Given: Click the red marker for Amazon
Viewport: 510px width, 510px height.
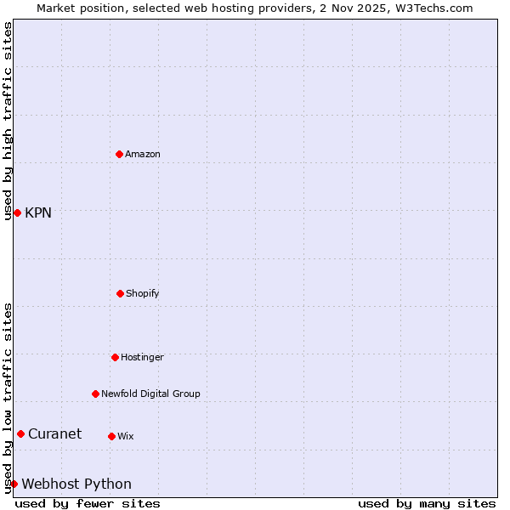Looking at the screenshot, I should pyautogui.click(x=120, y=154).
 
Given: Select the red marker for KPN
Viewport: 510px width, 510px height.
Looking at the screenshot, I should pyautogui.click(x=17, y=212).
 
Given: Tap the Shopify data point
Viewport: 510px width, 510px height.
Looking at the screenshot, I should pyautogui.click(x=120, y=293).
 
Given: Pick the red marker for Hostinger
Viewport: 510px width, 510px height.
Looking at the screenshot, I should pyautogui.click(x=115, y=357).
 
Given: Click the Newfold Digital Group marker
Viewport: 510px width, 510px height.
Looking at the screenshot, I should pyautogui.click(x=95, y=394).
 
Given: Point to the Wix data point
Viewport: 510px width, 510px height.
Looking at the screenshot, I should pyautogui.click(x=111, y=436).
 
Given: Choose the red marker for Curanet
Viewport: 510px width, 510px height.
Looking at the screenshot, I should pyautogui.click(x=20, y=433).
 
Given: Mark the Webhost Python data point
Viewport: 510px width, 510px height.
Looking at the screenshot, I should pyautogui.click(x=14, y=484).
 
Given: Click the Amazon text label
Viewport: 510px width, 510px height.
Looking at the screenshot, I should pyautogui.click(x=143, y=154).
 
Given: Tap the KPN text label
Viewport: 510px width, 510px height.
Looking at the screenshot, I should pyautogui.click(x=38, y=212).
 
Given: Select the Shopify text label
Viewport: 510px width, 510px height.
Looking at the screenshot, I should pyautogui.click(x=143, y=293).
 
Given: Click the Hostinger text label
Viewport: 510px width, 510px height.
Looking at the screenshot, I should pyautogui.click(x=142, y=357).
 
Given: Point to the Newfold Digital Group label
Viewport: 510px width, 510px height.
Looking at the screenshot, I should pyautogui.click(x=150, y=394).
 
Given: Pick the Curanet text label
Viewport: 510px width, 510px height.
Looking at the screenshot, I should pyautogui.click(x=54, y=433).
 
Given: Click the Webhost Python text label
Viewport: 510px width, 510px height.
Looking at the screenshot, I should pyautogui.click(x=76, y=484).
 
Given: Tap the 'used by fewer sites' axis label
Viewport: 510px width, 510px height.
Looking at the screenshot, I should pyautogui.click(x=88, y=503).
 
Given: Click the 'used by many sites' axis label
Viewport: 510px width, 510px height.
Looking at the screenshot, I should pyautogui.click(x=427, y=503).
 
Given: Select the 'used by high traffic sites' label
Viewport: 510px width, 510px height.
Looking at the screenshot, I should pyautogui.click(x=8, y=121).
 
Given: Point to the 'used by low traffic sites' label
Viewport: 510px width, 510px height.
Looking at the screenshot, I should pyautogui.click(x=8, y=397).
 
